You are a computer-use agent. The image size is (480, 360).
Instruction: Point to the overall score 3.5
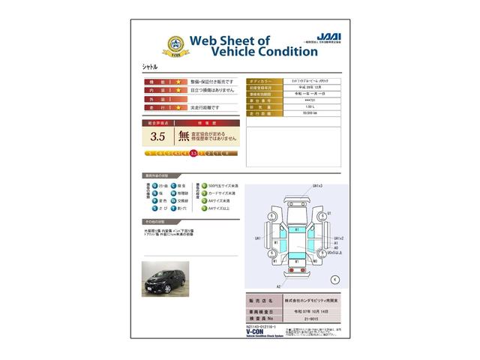tap(157, 136)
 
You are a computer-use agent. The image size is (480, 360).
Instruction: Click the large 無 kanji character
tap(184, 136)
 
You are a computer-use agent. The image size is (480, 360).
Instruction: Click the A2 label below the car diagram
tap(278, 286)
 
